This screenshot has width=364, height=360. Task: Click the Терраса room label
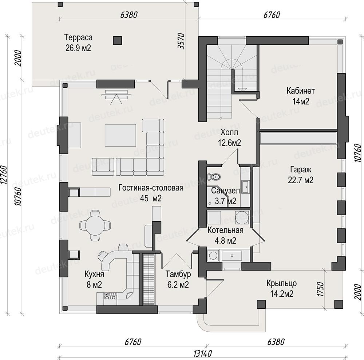[x=78, y=37]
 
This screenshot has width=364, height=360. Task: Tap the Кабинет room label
[x=301, y=91]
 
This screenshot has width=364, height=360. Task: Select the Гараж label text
[x=301, y=170]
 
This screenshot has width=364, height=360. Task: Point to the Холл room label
[x=229, y=132]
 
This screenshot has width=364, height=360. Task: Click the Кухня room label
[x=94, y=274]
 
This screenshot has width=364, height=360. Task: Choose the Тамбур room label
[x=178, y=274]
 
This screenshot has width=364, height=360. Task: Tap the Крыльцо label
[x=282, y=283]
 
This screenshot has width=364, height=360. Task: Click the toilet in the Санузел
[x=213, y=177]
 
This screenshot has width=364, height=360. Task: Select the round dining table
[x=95, y=225]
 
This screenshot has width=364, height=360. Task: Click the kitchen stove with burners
[x=110, y=296]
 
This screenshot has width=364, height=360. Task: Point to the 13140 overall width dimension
[x=202, y=354]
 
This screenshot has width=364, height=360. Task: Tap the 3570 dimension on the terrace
[x=182, y=41]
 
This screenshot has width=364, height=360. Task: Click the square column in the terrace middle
[x=118, y=41]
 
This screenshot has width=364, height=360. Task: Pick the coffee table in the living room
[x=120, y=135]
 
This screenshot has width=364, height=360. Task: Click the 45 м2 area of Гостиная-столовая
[x=151, y=198]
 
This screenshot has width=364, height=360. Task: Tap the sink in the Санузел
[x=245, y=187]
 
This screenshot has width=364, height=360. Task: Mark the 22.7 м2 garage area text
[x=301, y=180]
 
